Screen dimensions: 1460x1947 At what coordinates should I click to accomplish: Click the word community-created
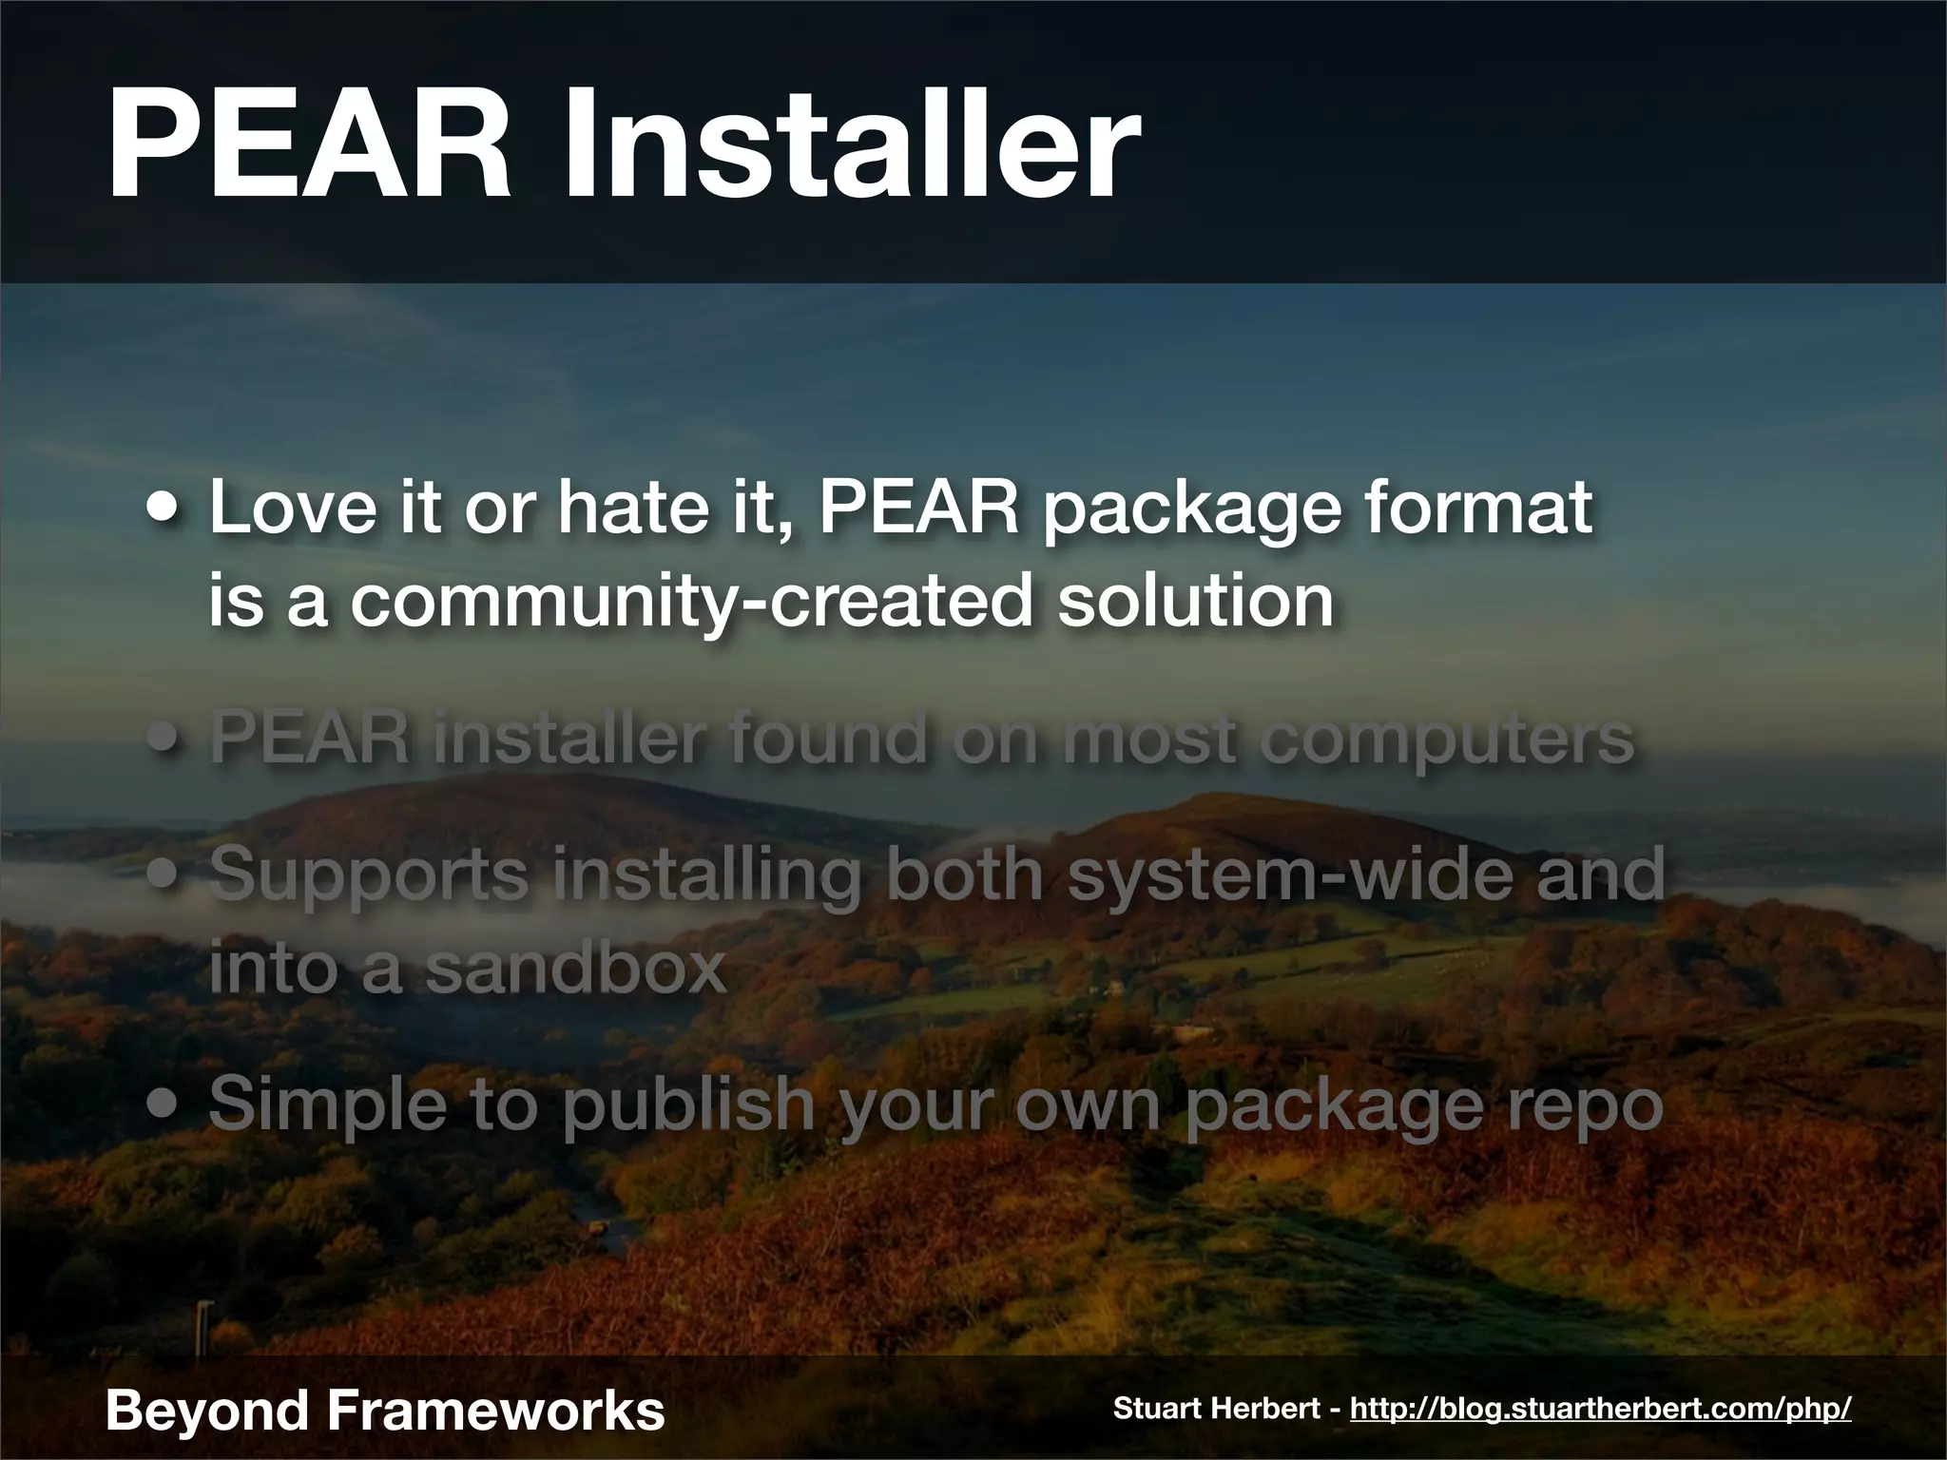pyautogui.click(x=691, y=601)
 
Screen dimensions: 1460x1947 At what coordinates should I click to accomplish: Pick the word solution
pyautogui.click(x=1196, y=601)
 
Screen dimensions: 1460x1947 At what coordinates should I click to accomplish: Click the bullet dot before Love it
pyautogui.click(x=165, y=513)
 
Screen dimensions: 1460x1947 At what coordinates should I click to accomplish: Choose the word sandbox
pyautogui.click(x=574, y=968)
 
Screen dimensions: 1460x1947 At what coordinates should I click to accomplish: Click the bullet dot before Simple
pyautogui.click(x=165, y=1106)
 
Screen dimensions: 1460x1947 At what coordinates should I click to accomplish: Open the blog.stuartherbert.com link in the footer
pyautogui.click(x=1600, y=1408)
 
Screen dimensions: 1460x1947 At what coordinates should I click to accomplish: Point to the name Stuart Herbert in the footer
pyautogui.click(x=1216, y=1408)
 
